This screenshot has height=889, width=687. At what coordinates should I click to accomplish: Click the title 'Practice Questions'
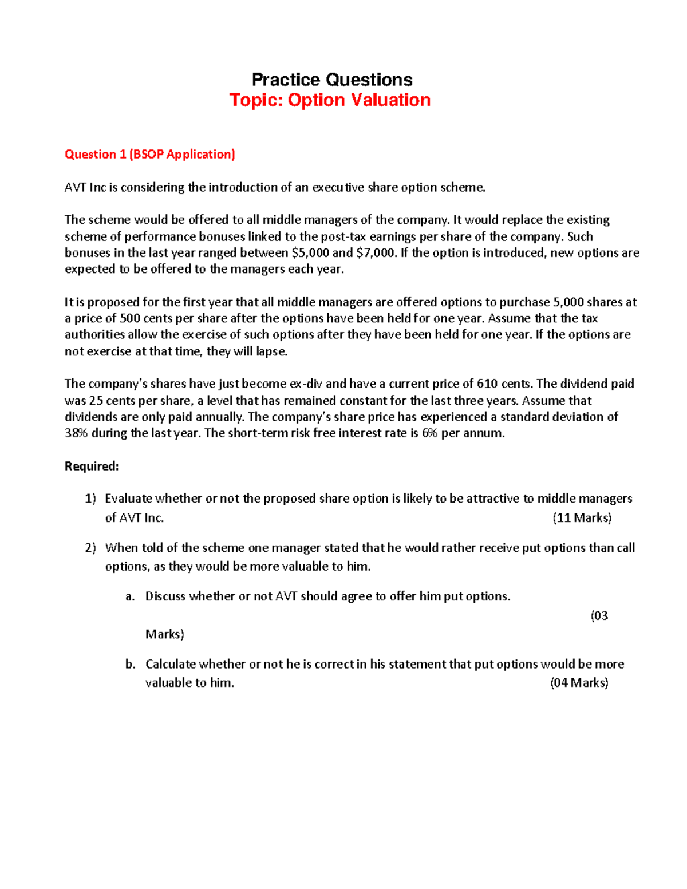pos(332,80)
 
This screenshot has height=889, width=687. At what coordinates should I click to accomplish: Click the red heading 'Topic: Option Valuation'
pos(330,100)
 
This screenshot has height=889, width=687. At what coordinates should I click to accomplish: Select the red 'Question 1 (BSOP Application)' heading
pos(150,155)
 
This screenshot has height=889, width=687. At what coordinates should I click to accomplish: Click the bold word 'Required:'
pos(92,467)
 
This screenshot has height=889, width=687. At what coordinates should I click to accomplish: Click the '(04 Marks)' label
pos(579,683)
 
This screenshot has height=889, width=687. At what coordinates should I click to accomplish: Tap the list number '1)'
pos(90,499)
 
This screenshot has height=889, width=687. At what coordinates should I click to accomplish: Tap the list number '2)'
pos(90,548)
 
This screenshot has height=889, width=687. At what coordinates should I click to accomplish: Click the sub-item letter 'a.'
pos(130,596)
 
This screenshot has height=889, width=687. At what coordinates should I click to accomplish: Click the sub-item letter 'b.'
pos(130,665)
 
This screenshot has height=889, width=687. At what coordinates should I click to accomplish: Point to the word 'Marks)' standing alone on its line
pos(165,634)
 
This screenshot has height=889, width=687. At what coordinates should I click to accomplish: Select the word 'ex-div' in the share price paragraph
pos(306,384)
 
